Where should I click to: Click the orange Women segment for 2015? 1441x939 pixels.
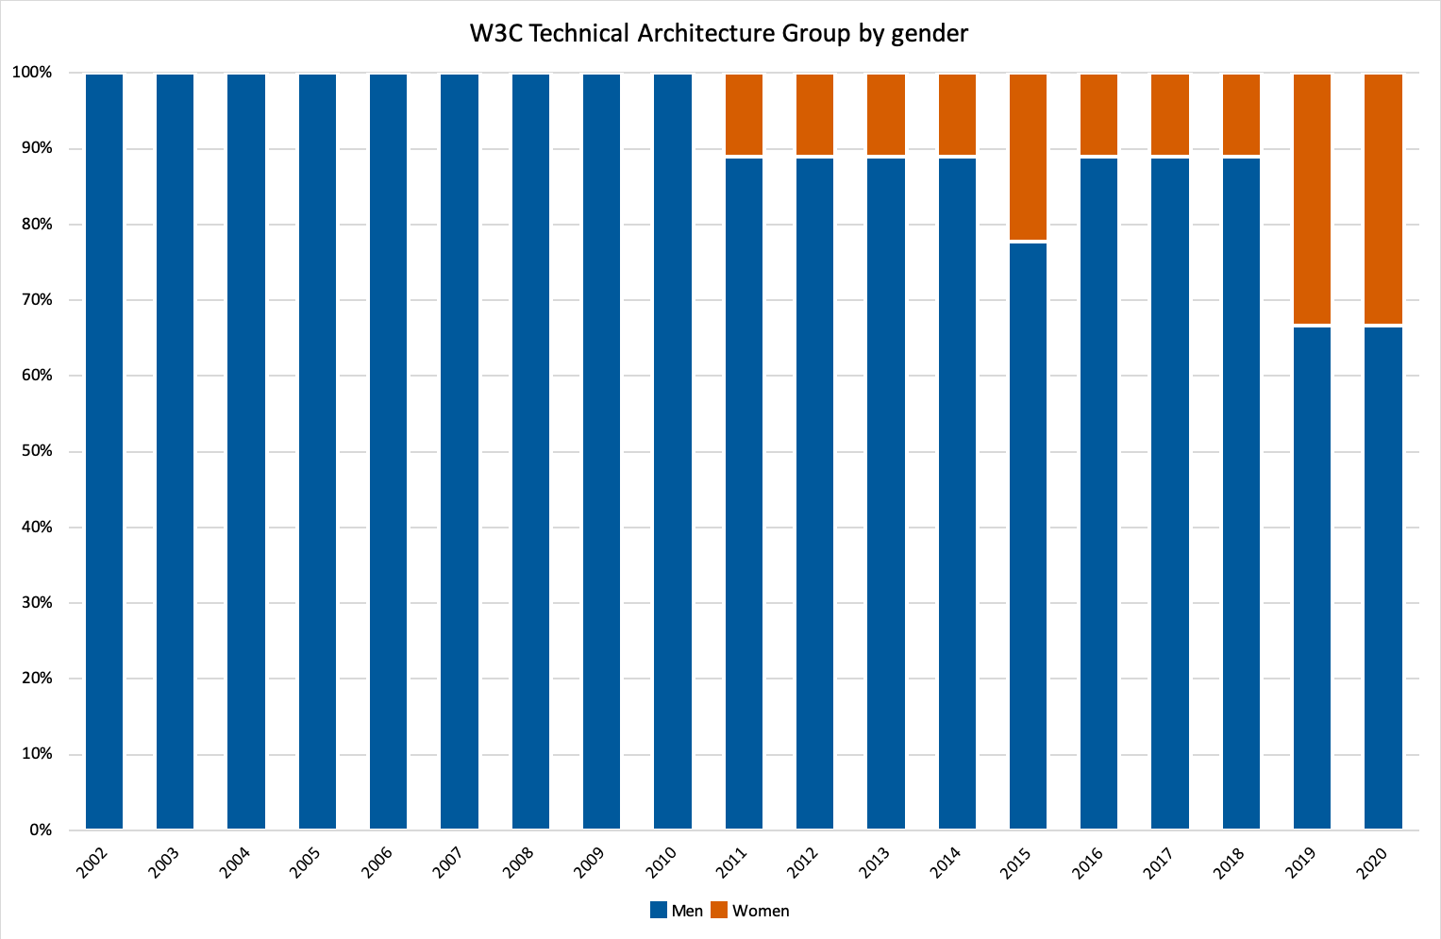click(x=1028, y=157)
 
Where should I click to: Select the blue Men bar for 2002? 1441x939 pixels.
click(x=104, y=451)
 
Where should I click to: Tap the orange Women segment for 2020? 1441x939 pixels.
click(x=1383, y=198)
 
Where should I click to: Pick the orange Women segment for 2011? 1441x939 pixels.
click(x=744, y=114)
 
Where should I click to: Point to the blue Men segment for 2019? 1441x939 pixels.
click(x=1312, y=578)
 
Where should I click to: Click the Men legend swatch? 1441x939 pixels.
click(x=659, y=910)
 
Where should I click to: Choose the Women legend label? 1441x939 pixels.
click(x=761, y=911)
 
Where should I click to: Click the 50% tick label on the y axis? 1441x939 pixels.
click(x=33, y=451)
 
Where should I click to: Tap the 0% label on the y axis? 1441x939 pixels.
click(x=39, y=830)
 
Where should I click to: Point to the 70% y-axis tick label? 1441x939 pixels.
click(x=33, y=300)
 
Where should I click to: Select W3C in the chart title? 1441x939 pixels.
click(x=497, y=34)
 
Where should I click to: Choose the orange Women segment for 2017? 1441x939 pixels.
click(x=1170, y=114)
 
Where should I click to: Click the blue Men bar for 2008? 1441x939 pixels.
click(x=530, y=451)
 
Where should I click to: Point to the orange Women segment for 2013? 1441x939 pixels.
click(x=886, y=114)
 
